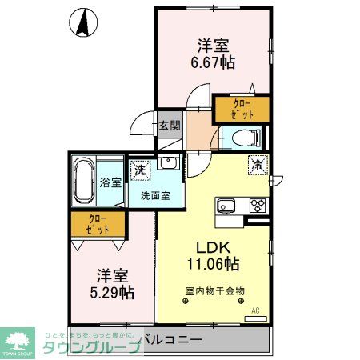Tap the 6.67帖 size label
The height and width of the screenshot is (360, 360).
point(214,62)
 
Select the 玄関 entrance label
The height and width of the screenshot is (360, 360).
point(169,126)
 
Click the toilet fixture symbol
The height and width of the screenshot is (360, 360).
point(249,138)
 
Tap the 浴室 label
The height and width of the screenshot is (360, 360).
point(110,182)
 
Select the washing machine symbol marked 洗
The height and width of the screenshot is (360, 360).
point(141,170)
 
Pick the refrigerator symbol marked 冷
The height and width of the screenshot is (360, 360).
point(258,166)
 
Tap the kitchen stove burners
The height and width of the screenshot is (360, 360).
point(258,204)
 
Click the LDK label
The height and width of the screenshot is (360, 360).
point(214,246)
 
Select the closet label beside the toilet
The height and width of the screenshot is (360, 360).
point(241,109)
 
